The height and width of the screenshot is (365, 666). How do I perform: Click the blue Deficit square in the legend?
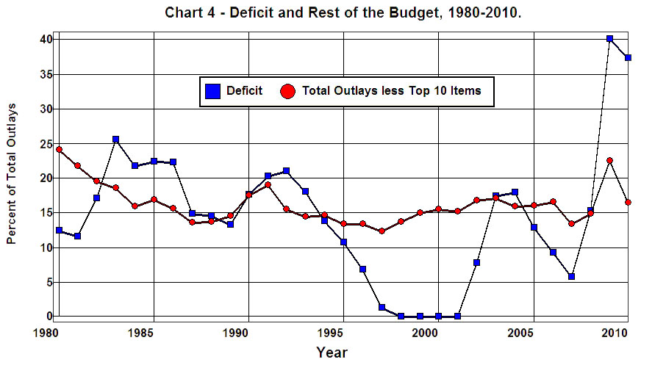click(213, 91)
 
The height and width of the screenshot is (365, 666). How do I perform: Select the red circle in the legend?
click(288, 91)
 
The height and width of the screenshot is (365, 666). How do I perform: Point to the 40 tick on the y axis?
click(45, 39)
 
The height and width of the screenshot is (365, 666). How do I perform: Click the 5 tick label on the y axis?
click(48, 282)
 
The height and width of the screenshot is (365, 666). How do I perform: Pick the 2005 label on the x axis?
click(520, 333)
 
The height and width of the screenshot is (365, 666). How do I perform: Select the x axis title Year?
click(332, 353)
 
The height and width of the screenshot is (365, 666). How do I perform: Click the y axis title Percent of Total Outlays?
click(12, 174)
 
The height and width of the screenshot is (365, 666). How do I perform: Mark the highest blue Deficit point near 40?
click(609, 38)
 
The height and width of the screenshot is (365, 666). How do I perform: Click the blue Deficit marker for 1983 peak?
click(115, 139)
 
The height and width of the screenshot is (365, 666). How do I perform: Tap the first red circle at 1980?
click(59, 149)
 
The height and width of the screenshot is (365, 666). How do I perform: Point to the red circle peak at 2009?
click(609, 160)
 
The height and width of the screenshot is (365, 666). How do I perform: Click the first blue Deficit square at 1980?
click(59, 230)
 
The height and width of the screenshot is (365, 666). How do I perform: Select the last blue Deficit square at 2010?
click(629, 57)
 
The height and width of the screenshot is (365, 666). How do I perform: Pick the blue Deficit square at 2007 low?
click(571, 276)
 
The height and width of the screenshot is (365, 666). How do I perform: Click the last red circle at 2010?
click(629, 202)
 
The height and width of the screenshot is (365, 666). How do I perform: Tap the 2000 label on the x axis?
click(426, 333)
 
